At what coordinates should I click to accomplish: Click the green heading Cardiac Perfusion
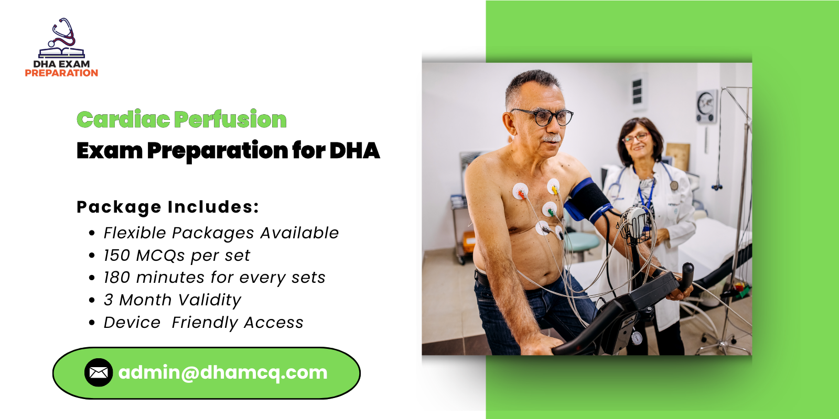click(x=181, y=120)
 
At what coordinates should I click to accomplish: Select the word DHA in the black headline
click(x=354, y=151)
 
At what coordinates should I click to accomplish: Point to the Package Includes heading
click(x=168, y=207)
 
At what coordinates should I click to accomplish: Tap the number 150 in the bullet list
click(x=116, y=256)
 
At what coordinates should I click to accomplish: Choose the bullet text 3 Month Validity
click(x=172, y=300)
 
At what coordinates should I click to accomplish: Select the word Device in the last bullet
click(x=132, y=323)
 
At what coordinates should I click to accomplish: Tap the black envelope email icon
click(x=99, y=372)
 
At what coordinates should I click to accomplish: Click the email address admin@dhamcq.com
click(x=223, y=372)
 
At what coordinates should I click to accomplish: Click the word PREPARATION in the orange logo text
click(x=61, y=73)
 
